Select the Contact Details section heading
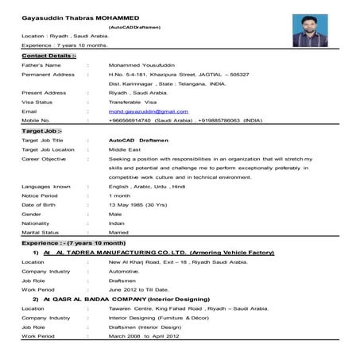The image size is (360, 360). click(x=49, y=57)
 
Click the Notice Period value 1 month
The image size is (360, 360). click(x=122, y=195)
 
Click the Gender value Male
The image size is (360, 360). click(x=116, y=215)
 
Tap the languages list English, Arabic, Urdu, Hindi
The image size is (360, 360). click(x=147, y=186)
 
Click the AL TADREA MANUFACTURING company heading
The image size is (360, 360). click(x=159, y=252)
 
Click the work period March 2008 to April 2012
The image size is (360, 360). click(x=146, y=336)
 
